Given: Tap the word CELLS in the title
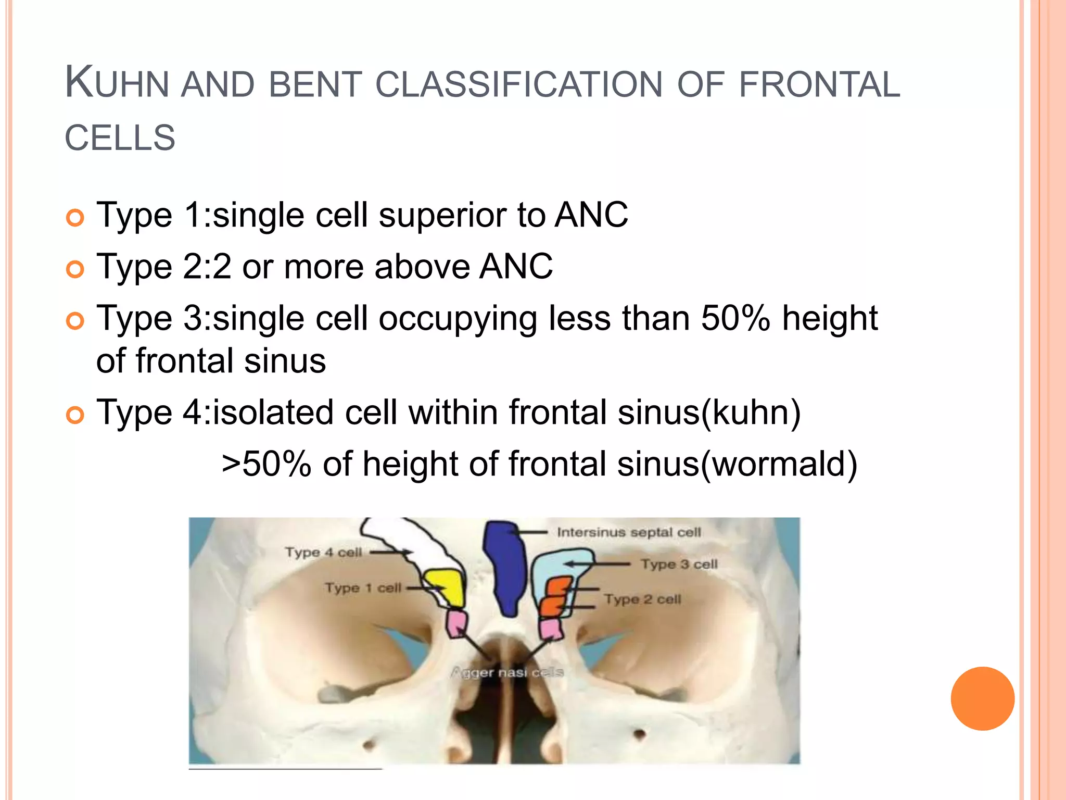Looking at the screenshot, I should point(120,138).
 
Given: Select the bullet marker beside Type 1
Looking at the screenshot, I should point(75,218).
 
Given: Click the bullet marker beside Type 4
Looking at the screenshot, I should point(75,415).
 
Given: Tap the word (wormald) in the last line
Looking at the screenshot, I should point(779,464).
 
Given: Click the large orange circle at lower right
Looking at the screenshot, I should point(982,698).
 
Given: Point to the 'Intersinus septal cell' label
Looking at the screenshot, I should point(629,532).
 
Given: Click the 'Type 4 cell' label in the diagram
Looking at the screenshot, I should point(323,552).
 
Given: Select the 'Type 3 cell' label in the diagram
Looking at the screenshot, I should point(679,564).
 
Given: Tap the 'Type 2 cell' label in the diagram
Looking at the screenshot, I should point(642,599).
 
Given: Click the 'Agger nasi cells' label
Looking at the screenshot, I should point(506,672).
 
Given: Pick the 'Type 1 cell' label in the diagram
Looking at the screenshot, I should point(363,588).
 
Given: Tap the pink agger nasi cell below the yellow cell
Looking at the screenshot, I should point(456,624).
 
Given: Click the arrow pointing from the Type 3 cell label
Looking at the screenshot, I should point(599,564).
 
